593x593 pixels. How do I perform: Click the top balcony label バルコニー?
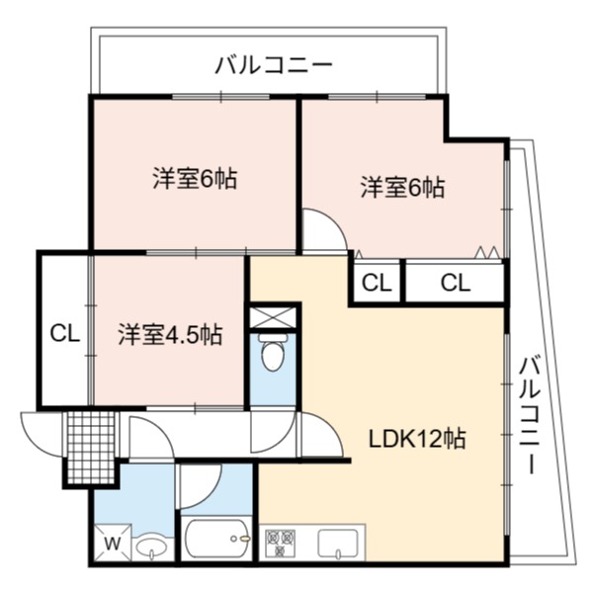point(274,64)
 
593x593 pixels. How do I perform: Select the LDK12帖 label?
point(417,439)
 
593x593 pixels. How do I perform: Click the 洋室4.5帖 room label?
point(170,334)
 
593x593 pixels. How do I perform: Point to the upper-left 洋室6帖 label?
point(195,178)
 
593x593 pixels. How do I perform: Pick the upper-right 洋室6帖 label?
point(402,187)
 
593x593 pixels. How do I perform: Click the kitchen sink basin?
point(338,544)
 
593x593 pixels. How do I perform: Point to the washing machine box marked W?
point(113,543)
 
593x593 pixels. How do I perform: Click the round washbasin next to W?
point(151,547)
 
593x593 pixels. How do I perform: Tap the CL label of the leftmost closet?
point(65,333)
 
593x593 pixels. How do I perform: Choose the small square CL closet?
point(377,283)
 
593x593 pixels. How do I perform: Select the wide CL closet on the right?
point(456,283)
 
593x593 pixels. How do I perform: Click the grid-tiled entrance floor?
point(91,447)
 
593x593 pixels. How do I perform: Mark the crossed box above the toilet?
point(273,317)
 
